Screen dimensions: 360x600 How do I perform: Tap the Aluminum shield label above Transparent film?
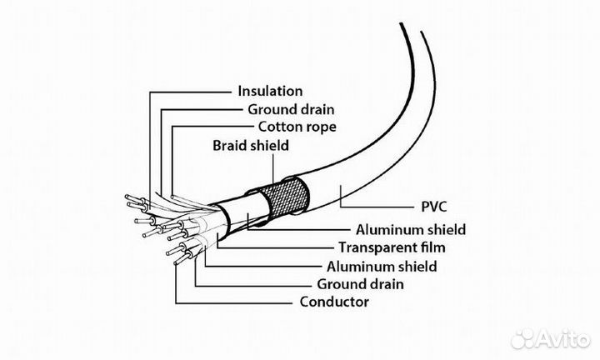point(410,229)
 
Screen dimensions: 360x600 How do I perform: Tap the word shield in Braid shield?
point(271,146)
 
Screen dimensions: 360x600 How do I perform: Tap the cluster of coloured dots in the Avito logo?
point(524,337)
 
